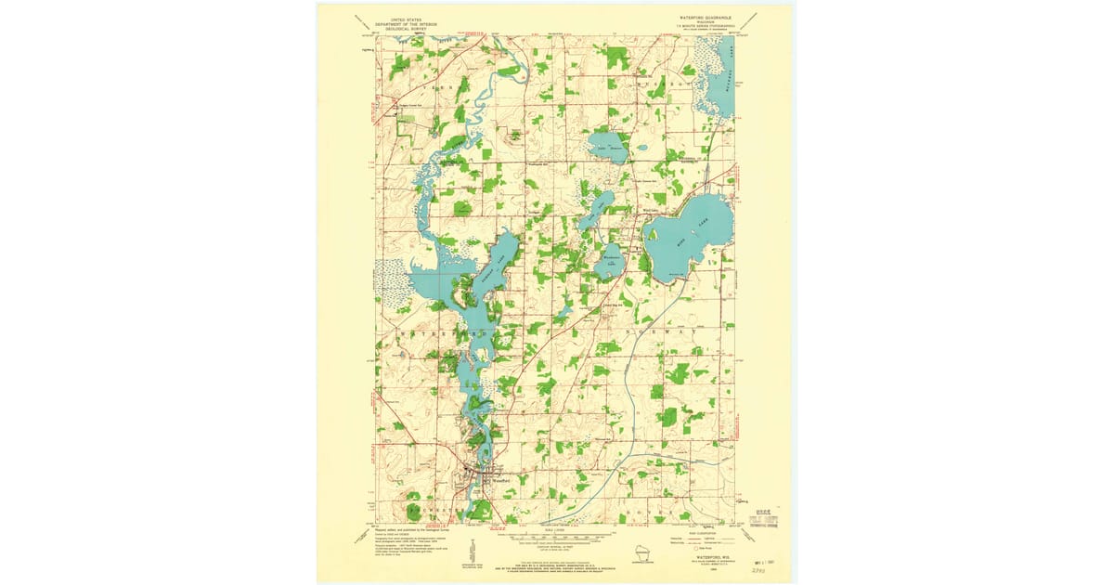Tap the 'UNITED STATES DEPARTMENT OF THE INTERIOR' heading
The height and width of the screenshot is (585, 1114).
tap(406, 22)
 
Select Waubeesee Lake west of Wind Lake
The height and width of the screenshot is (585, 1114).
tap(611, 261)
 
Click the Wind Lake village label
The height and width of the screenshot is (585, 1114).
tap(651, 210)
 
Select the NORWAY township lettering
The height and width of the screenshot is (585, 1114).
tap(668, 331)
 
